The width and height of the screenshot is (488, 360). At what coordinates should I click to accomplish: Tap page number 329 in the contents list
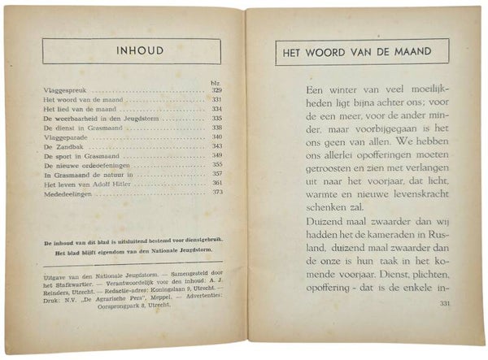(x=217, y=89)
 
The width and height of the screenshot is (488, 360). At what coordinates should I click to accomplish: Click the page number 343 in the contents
(x=217, y=146)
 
